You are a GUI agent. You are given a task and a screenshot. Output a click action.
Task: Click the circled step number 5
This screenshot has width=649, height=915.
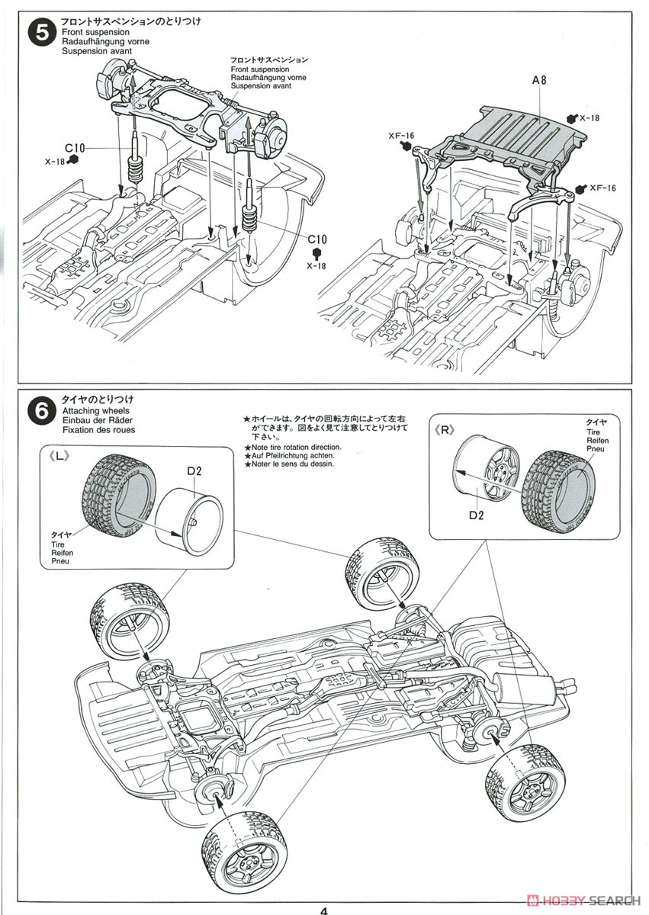pyautogui.click(x=40, y=34)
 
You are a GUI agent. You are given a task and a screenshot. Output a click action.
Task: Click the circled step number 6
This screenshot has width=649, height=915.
pyautogui.click(x=40, y=413)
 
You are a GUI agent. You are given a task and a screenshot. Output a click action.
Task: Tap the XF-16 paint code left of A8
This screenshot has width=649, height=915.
pyautogui.click(x=400, y=136)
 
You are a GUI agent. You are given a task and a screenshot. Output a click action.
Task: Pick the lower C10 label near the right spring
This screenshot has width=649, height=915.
pyautogui.click(x=318, y=239)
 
